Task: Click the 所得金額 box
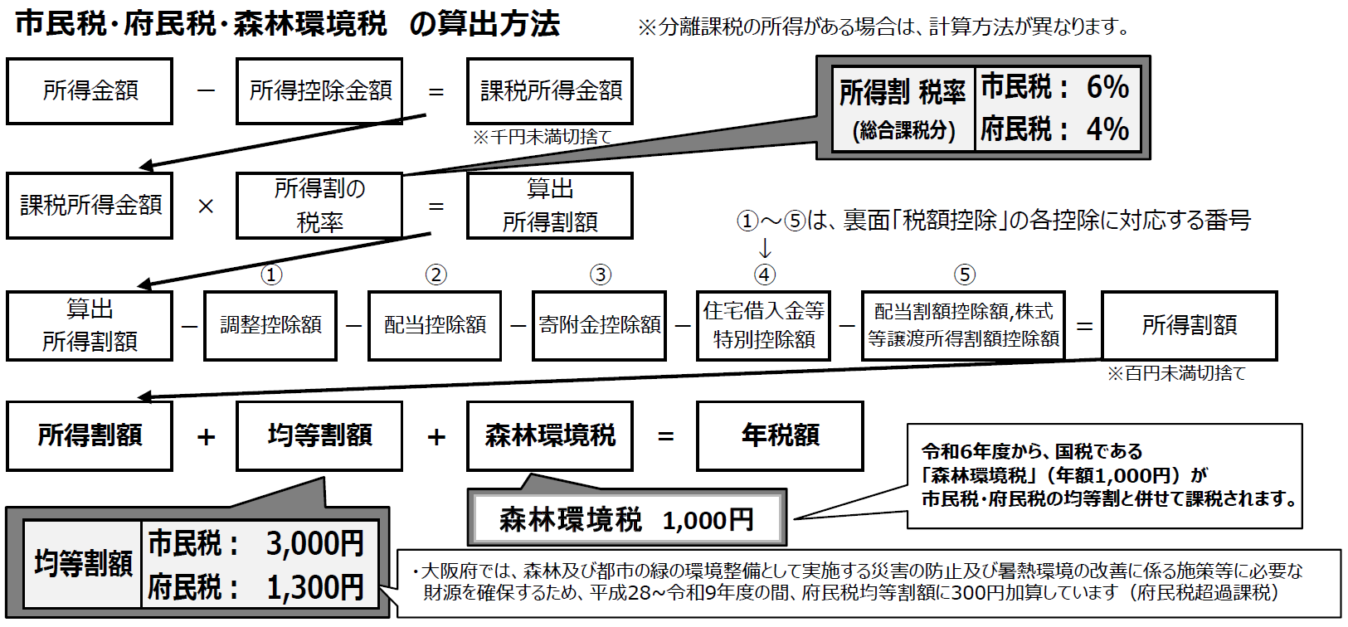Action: [90, 91]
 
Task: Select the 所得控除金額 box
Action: [319, 91]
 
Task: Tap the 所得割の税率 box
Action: [319, 206]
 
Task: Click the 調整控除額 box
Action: [270, 325]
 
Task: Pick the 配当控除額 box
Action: [435, 325]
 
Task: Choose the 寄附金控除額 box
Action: [599, 325]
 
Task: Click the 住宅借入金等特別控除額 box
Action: [763, 325]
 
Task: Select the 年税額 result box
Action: [780, 435]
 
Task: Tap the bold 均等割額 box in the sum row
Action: [319, 435]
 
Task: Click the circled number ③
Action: [600, 275]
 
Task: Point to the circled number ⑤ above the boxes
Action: [964, 275]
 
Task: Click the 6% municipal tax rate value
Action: [1107, 87]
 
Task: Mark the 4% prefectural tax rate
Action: [1107, 129]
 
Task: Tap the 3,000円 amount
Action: [314, 544]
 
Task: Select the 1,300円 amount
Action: [314, 587]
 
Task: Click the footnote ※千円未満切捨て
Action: [541, 137]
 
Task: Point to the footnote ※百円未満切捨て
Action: [1176, 373]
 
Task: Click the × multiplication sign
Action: [206, 206]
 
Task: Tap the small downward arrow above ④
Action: [765, 248]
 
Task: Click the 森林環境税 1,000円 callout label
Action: [626, 520]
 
